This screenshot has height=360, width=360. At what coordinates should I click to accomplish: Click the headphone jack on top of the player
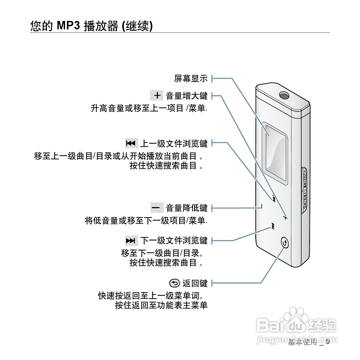[284, 95]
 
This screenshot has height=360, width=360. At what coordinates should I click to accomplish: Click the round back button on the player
[284, 243]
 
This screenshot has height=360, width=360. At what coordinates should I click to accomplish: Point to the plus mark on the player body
[285, 218]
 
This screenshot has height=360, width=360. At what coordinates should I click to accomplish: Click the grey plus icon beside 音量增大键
[157, 95]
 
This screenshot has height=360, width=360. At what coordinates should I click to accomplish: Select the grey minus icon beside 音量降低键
[157, 208]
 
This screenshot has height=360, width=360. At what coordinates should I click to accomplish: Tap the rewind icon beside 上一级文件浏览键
[131, 143]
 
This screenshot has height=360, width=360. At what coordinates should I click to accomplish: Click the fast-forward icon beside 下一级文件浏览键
[131, 240]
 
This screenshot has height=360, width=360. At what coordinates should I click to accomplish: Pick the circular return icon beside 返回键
[174, 283]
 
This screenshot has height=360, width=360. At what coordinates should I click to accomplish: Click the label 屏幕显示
[191, 79]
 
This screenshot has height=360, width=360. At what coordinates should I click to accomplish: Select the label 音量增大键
[187, 96]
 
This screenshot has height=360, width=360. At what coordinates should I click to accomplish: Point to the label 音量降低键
[187, 208]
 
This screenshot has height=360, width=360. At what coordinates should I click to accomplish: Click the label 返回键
[195, 283]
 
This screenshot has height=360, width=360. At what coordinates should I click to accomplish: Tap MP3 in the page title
[68, 26]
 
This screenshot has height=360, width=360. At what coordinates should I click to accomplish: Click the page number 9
[328, 341]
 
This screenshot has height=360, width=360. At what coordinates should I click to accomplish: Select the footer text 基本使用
[302, 342]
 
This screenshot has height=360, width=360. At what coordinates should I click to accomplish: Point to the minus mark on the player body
[262, 206]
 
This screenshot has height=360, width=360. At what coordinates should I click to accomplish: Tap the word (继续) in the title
[137, 26]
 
